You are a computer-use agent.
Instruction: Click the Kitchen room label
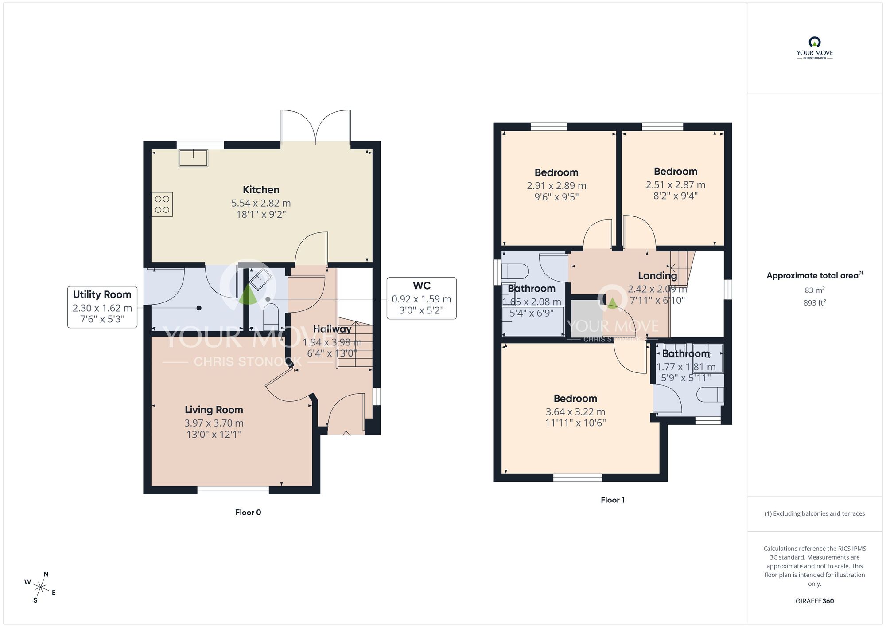[x=261, y=190]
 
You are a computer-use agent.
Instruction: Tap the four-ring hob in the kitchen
[x=162, y=204]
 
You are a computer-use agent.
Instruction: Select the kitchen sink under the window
[x=193, y=158]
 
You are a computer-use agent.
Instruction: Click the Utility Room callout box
[x=102, y=307]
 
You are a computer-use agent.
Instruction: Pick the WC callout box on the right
[x=421, y=298]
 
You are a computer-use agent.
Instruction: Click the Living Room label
[x=214, y=410]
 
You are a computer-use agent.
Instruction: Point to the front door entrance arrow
[x=346, y=435]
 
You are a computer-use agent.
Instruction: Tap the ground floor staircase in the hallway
[x=355, y=344]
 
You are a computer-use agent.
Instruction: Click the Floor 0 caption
[x=248, y=513]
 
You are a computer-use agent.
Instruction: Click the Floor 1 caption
[x=613, y=500]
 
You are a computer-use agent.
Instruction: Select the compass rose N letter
[x=46, y=574]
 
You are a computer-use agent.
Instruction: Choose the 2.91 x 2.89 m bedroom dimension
[x=556, y=186]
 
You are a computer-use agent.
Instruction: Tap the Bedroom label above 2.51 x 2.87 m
[x=675, y=172]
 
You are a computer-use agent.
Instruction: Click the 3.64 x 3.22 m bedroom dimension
[x=575, y=412]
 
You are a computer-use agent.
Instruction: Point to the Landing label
[x=657, y=276]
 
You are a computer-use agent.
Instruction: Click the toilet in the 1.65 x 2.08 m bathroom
[x=517, y=271]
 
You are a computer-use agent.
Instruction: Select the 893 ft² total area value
[x=814, y=303]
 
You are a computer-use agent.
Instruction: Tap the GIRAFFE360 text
[x=814, y=601]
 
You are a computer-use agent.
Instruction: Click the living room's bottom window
[x=233, y=490]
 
